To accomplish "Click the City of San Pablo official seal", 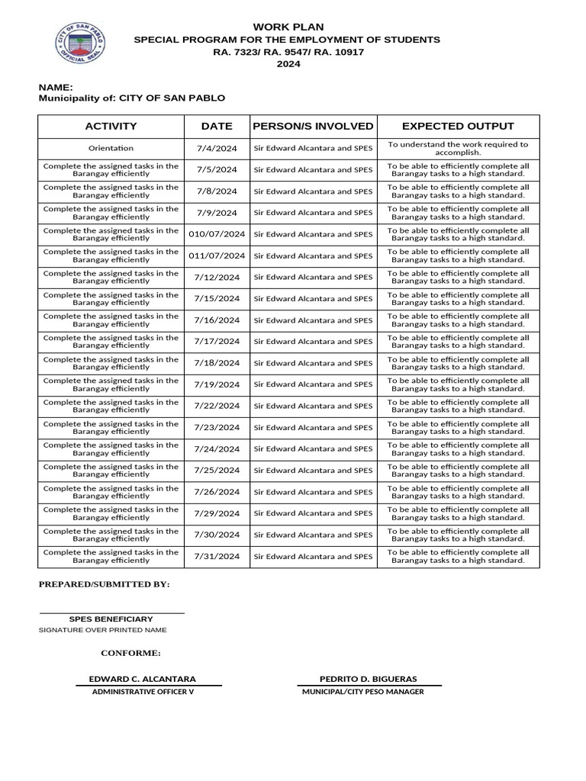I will (x=82, y=46).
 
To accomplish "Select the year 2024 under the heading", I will (x=288, y=64).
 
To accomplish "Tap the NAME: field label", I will (x=56, y=88).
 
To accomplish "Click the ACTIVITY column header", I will (x=111, y=127).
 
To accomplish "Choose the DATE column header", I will (x=217, y=127).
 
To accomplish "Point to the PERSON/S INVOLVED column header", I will (x=313, y=127).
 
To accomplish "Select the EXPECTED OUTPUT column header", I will (x=458, y=127).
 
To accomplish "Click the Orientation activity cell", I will (x=111, y=148).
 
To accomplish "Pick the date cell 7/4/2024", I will (x=217, y=148).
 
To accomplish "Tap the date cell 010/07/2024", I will (x=217, y=234).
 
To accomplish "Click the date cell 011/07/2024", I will (x=217, y=256).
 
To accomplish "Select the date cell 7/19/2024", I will (x=217, y=384).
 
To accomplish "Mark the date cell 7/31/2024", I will (x=217, y=557).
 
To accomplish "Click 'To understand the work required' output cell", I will (x=458, y=148).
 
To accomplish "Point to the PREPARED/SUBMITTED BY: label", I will (x=105, y=585).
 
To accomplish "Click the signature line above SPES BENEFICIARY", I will (x=111, y=612).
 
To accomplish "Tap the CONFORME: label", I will (x=130, y=654).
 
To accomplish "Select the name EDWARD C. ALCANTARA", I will (x=143, y=679).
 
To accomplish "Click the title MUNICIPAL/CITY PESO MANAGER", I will (x=363, y=692).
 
